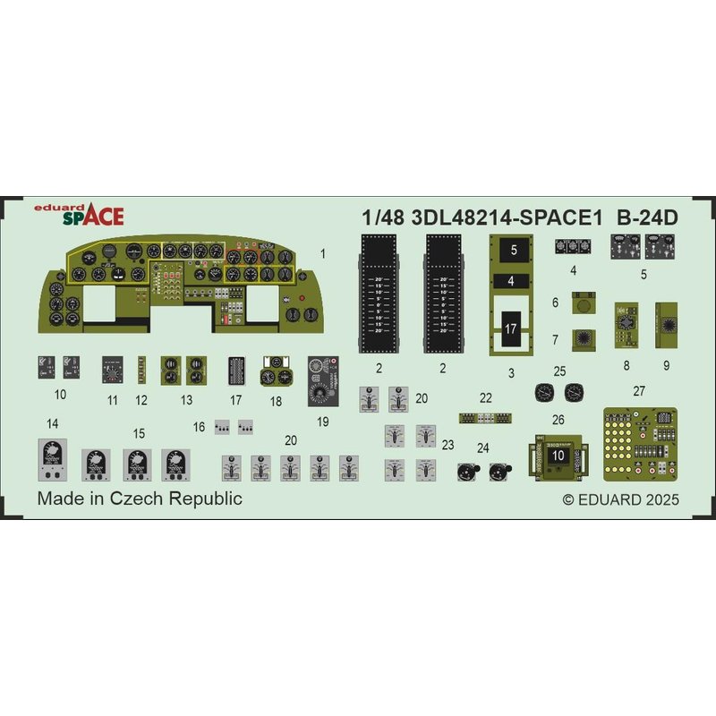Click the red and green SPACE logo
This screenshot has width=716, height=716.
[92, 215]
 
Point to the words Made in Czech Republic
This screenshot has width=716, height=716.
[140, 499]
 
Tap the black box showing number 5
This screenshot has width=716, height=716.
[515, 251]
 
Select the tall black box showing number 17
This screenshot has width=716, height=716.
[510, 328]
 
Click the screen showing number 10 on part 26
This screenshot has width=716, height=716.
[558, 455]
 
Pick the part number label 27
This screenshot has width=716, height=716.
[638, 390]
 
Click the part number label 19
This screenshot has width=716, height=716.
[323, 421]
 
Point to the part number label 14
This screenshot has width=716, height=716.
[53, 422]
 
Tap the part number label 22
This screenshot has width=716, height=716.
[486, 397]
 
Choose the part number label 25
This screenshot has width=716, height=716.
[559, 371]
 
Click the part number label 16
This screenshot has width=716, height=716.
[200, 427]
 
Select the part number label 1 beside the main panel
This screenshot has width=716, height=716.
[322, 253]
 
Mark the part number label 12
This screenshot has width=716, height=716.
[141, 400]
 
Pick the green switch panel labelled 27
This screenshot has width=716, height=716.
[639, 442]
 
